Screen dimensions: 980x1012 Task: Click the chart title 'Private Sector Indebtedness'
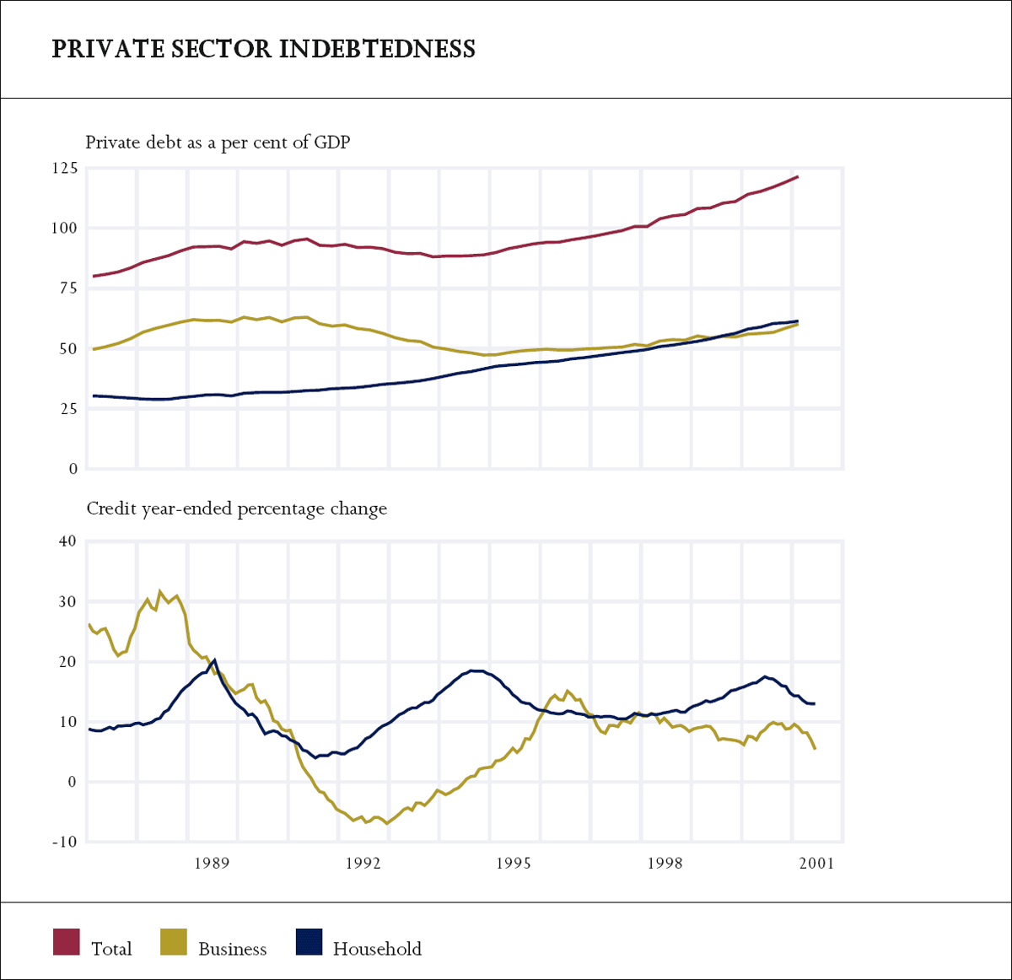(263, 49)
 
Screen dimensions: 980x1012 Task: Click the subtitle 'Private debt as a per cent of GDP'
(218, 143)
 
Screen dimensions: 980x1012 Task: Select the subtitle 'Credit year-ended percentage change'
(236, 509)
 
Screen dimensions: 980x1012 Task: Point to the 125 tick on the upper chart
(64, 169)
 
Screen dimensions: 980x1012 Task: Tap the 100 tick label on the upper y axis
(64, 229)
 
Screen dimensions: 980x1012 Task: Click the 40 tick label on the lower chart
(67, 541)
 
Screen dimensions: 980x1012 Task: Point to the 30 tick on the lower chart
(67, 602)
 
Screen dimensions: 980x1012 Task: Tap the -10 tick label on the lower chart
(64, 843)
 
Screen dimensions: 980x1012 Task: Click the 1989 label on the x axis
(212, 863)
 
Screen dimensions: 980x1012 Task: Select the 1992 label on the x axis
(363, 863)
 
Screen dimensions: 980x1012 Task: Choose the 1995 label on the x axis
(514, 863)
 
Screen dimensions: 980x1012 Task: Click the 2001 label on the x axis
(816, 863)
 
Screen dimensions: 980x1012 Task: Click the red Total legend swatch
(67, 942)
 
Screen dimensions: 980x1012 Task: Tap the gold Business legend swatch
(174, 942)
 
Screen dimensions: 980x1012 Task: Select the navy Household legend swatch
(309, 942)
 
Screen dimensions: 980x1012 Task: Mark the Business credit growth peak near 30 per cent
(160, 592)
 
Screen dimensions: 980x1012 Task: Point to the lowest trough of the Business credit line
(387, 823)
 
